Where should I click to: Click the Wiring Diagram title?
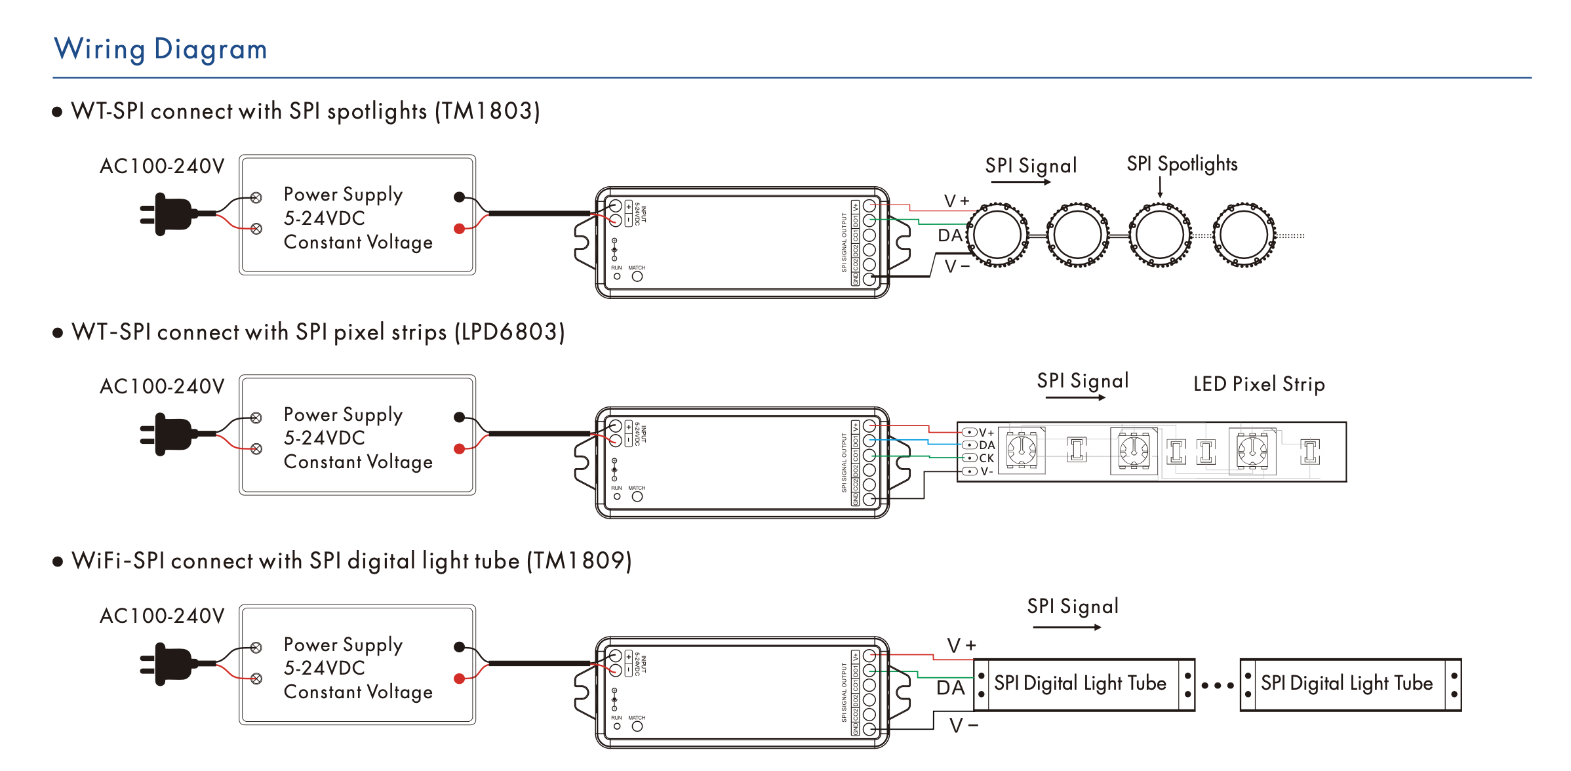pos(161,49)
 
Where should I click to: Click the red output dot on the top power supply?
pos(460,229)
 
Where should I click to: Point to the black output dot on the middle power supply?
pos(460,417)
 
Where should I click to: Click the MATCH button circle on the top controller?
pos(637,277)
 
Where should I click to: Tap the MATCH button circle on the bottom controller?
pos(637,726)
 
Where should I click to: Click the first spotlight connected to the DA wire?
pos(997,235)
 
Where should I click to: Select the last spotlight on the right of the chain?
pos(1244,235)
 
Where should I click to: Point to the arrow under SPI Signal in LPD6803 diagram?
pos(1075,397)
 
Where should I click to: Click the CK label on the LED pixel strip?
pos(986,458)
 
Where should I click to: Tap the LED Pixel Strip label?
pos(1259,384)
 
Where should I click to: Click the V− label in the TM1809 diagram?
pos(964,726)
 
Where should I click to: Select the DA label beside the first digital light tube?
pos(951,688)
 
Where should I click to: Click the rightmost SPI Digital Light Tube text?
pos(1347,683)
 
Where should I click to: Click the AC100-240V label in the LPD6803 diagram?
pos(162,386)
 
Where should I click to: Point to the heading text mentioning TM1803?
pos(306,111)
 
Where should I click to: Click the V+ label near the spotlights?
pos(957,201)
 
